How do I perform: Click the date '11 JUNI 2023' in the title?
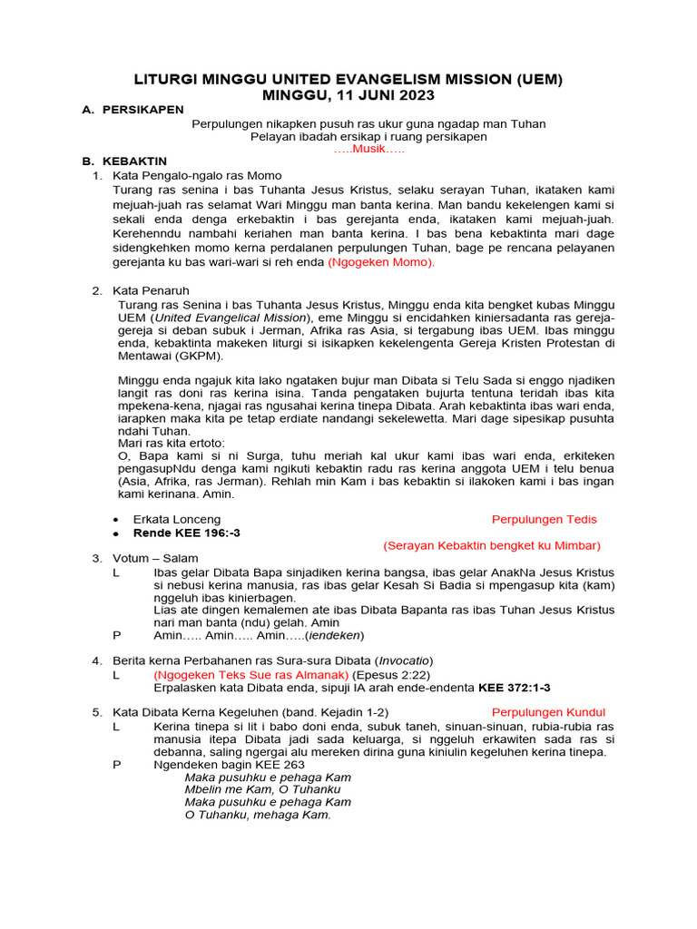[x=380, y=94]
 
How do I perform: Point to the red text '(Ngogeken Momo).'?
[x=382, y=262]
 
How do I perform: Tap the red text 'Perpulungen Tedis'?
[x=545, y=519]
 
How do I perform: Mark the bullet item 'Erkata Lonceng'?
[x=176, y=519]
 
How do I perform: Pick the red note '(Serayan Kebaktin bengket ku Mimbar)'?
[x=492, y=545]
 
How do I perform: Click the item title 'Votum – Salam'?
[x=155, y=558]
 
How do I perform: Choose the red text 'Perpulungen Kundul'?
[x=548, y=712]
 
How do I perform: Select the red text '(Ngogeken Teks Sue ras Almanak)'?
[x=251, y=675]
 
